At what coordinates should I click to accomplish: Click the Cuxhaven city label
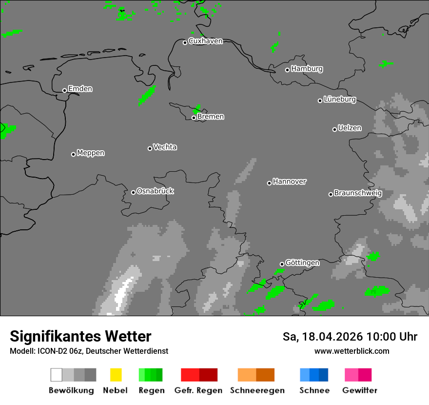205,41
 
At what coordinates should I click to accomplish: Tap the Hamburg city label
307,69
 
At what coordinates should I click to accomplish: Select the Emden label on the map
80,89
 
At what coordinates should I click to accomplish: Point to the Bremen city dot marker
194,118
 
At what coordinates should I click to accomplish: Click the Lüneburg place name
340,99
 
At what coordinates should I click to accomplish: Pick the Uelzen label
350,128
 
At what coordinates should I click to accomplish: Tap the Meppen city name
91,153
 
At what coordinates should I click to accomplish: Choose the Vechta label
165,147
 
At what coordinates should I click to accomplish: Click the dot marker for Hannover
269,183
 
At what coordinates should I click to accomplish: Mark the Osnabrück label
155,191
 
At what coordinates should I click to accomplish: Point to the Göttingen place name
302,263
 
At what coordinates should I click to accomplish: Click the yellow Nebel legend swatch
116,375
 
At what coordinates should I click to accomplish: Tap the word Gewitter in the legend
360,390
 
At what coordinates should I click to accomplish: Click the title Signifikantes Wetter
80,336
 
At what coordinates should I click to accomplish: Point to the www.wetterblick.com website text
351,351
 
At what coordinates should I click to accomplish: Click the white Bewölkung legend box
56,375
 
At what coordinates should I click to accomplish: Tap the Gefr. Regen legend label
198,390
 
